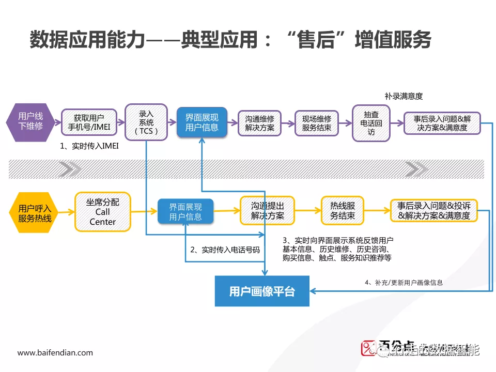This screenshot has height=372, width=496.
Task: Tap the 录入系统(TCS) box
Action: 146,122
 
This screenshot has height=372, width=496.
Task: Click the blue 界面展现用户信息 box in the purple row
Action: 202,122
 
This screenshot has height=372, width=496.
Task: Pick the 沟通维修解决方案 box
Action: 259,123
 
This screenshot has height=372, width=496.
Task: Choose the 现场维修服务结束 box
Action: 316,123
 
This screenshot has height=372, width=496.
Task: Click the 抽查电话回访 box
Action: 371,123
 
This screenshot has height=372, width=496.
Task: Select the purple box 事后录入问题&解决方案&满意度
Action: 442,123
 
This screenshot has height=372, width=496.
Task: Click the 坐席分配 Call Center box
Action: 103,212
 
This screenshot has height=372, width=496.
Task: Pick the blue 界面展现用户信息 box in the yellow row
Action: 185,212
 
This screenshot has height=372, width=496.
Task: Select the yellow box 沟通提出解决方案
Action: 267,211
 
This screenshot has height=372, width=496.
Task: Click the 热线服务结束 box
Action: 343,211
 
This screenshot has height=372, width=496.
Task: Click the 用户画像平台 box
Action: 262,291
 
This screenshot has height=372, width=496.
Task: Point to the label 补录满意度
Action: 404,96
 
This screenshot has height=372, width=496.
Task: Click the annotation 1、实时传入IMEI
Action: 89,146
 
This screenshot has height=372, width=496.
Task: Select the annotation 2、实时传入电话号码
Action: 225,250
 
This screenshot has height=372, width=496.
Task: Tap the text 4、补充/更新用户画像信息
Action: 404,283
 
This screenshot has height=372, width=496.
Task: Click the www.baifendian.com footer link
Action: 55,352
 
